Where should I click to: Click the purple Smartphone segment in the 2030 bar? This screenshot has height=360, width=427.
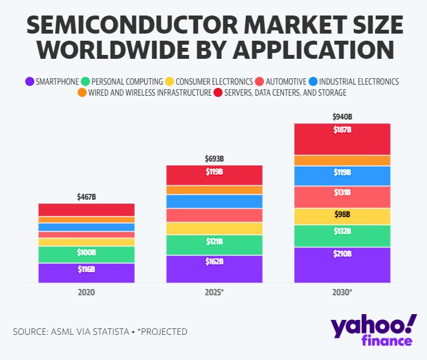coord(342,265)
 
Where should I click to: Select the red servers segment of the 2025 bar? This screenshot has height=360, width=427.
coord(214,175)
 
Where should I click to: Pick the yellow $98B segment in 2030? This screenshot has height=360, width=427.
coord(342,216)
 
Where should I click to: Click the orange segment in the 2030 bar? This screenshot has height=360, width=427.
coord(342,160)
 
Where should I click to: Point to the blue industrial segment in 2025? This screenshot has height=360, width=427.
coord(214,202)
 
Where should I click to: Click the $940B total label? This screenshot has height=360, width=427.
coord(342,117)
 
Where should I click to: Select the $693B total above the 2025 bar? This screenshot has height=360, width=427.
coord(214,158)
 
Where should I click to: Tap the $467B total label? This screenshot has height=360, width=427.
coord(86,196)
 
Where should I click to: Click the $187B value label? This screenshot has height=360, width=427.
coord(342,130)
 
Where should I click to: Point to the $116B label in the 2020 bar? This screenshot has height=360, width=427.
coord(86,269)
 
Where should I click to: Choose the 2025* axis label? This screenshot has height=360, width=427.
coord(214,292)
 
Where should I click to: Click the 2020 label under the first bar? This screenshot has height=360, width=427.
coord(86,292)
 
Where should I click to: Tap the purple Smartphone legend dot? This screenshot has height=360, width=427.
coord(29,81)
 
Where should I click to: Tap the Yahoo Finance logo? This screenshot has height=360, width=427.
coord(373,330)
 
